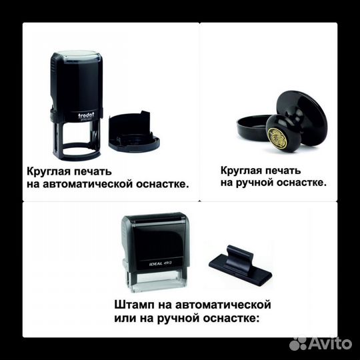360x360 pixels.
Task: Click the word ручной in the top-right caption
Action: (260, 181)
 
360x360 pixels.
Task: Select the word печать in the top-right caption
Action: (281, 169)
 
